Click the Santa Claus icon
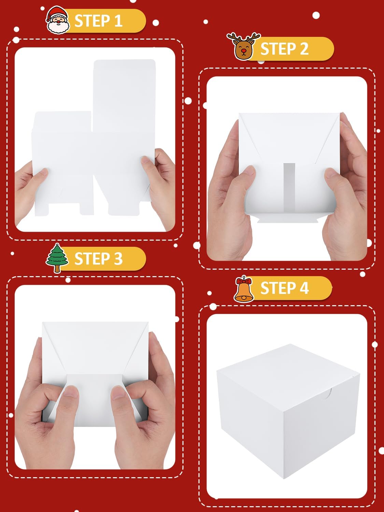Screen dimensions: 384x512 coord(57,20)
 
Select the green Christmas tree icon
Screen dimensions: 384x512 coord(57,258)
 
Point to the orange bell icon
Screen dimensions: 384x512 coord(244,289)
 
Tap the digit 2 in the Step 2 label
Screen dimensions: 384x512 coord(304,49)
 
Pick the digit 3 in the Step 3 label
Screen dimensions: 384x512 coord(118,258)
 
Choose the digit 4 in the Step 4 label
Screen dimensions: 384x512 coord(304,288)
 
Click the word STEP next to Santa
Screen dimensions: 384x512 coord(92,21)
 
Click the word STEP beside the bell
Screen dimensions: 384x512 coord(278,288)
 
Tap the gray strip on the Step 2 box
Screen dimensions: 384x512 coord(289,188)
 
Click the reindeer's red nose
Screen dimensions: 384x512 coord(244,51)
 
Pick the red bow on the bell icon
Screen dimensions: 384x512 coord(244,281)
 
